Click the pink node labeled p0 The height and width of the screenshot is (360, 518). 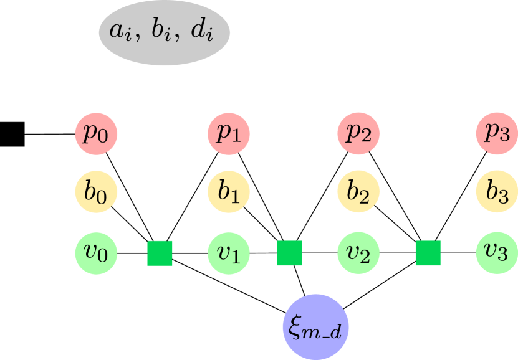pyautogui.click(x=97, y=134)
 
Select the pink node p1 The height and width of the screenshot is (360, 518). pyautogui.click(x=228, y=134)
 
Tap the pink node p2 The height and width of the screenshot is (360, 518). pyautogui.click(x=358, y=134)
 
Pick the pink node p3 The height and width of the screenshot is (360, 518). pyautogui.click(x=497, y=134)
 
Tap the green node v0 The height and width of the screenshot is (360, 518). pyautogui.click(x=97, y=252)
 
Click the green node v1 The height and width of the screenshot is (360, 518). pyautogui.click(x=228, y=252)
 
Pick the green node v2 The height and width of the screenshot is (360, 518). pyautogui.click(x=358, y=252)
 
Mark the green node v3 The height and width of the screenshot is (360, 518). pyautogui.click(x=497, y=252)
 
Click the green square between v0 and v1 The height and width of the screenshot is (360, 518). pyautogui.click(x=160, y=252)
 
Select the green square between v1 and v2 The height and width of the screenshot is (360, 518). pyautogui.click(x=289, y=252)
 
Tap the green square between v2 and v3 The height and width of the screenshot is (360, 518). pyautogui.click(x=428, y=252)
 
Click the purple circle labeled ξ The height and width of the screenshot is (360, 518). pyautogui.click(x=315, y=326)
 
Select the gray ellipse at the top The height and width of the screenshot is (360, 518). pyautogui.click(x=165, y=32)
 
